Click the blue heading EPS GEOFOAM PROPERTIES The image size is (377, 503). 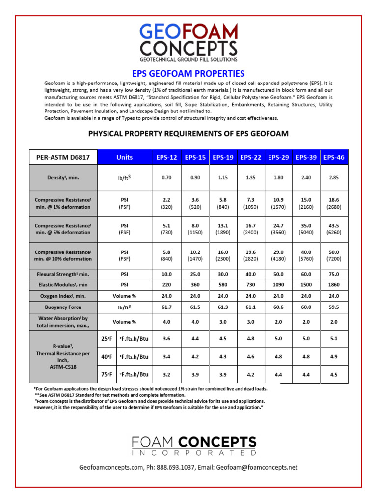pos(188,74)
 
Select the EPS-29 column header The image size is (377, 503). pos(278,157)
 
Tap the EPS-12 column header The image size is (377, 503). pos(167,157)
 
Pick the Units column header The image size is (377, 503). pos(125,157)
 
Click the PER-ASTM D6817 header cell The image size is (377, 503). pos(63,157)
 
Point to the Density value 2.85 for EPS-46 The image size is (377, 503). pos(334,178)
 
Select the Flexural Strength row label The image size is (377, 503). pos(63,274)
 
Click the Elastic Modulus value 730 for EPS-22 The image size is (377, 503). pos(250,285)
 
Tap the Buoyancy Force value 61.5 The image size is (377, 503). pos(195,307)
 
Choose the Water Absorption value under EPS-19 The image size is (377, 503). pos(223,322)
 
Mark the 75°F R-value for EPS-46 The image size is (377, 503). pos(334,374)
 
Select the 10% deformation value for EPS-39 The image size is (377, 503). pos(306,255)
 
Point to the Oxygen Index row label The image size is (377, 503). pos(63,296)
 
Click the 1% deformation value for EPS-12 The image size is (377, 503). pos(167,203)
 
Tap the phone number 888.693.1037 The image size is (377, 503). pos(176,468)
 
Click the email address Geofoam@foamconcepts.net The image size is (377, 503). pos(257,468)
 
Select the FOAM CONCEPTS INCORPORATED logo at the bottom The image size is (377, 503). pos(194,446)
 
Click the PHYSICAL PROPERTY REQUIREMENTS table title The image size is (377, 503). pos(188,134)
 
